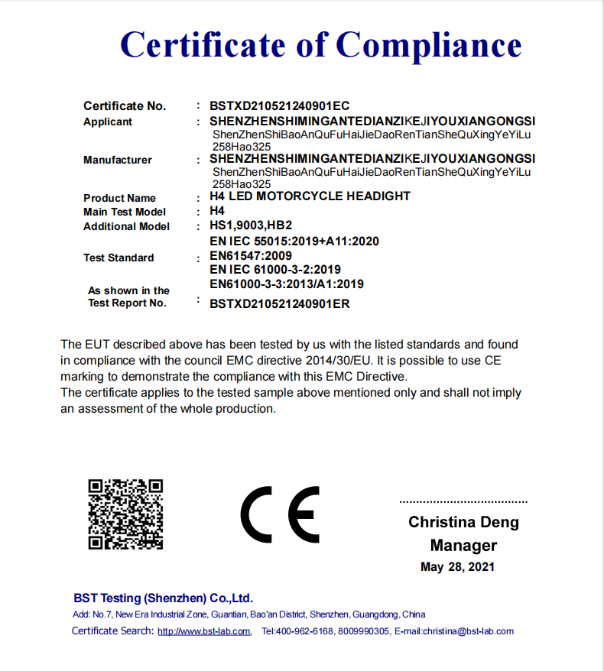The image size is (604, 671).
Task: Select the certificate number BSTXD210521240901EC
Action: [279, 106]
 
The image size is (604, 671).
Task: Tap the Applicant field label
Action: [108, 122]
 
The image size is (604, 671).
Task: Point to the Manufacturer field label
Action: [118, 160]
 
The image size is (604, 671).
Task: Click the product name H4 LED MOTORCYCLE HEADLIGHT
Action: [310, 196]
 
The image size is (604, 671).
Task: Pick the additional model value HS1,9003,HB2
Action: [251, 226]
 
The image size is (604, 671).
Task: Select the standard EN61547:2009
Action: [250, 255]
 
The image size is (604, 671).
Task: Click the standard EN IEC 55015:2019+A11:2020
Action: [294, 241]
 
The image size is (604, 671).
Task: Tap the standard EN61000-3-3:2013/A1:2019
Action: [287, 284]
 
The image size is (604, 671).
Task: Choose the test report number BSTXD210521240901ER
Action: [279, 303]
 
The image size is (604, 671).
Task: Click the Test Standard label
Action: [119, 258]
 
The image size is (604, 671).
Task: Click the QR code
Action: [126, 514]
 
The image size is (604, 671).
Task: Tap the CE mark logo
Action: [280, 514]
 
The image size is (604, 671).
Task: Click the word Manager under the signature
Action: [463, 546]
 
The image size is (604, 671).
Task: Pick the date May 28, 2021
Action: [457, 567]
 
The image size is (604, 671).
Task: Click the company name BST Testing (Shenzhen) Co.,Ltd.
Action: [163, 598]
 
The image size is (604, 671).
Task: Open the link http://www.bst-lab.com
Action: [204, 631]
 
